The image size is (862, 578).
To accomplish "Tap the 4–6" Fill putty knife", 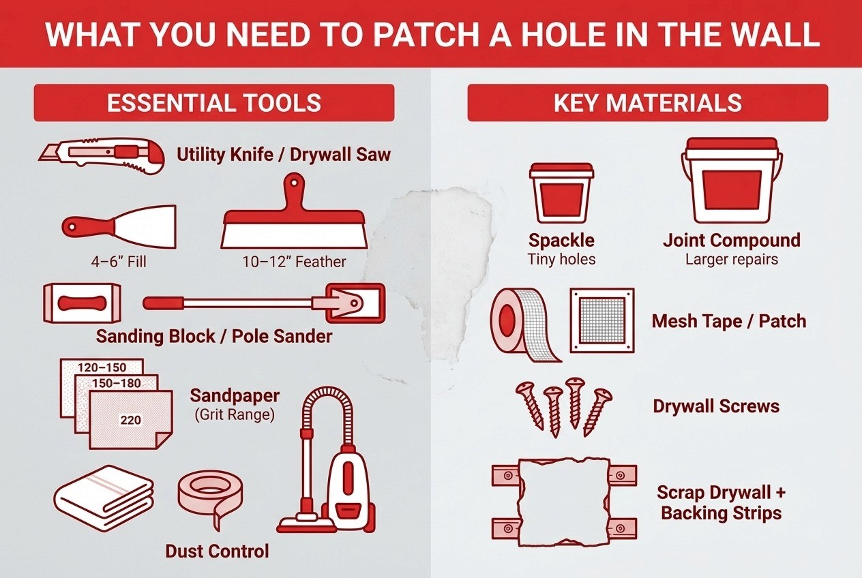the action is pos(119,227).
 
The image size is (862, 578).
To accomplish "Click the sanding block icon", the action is pos(82,303).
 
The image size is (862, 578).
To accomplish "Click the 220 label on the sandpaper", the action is pos(130,420).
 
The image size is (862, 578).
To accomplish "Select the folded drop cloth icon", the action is pos(104,498).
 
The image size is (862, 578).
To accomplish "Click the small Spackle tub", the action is pos(561,193).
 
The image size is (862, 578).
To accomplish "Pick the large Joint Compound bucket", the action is pos(732,180).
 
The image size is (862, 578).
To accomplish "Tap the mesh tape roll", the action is pos(522,325).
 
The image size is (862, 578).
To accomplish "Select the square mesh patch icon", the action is pos(602,320).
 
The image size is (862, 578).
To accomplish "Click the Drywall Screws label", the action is pos(716,406).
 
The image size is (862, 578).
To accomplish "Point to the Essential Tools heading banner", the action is pos(214,103).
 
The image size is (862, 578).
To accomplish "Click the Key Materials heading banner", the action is pos(648,103).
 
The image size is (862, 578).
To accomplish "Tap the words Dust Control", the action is pos(217,551).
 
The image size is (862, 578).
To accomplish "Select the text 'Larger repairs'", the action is pos(732,259).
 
